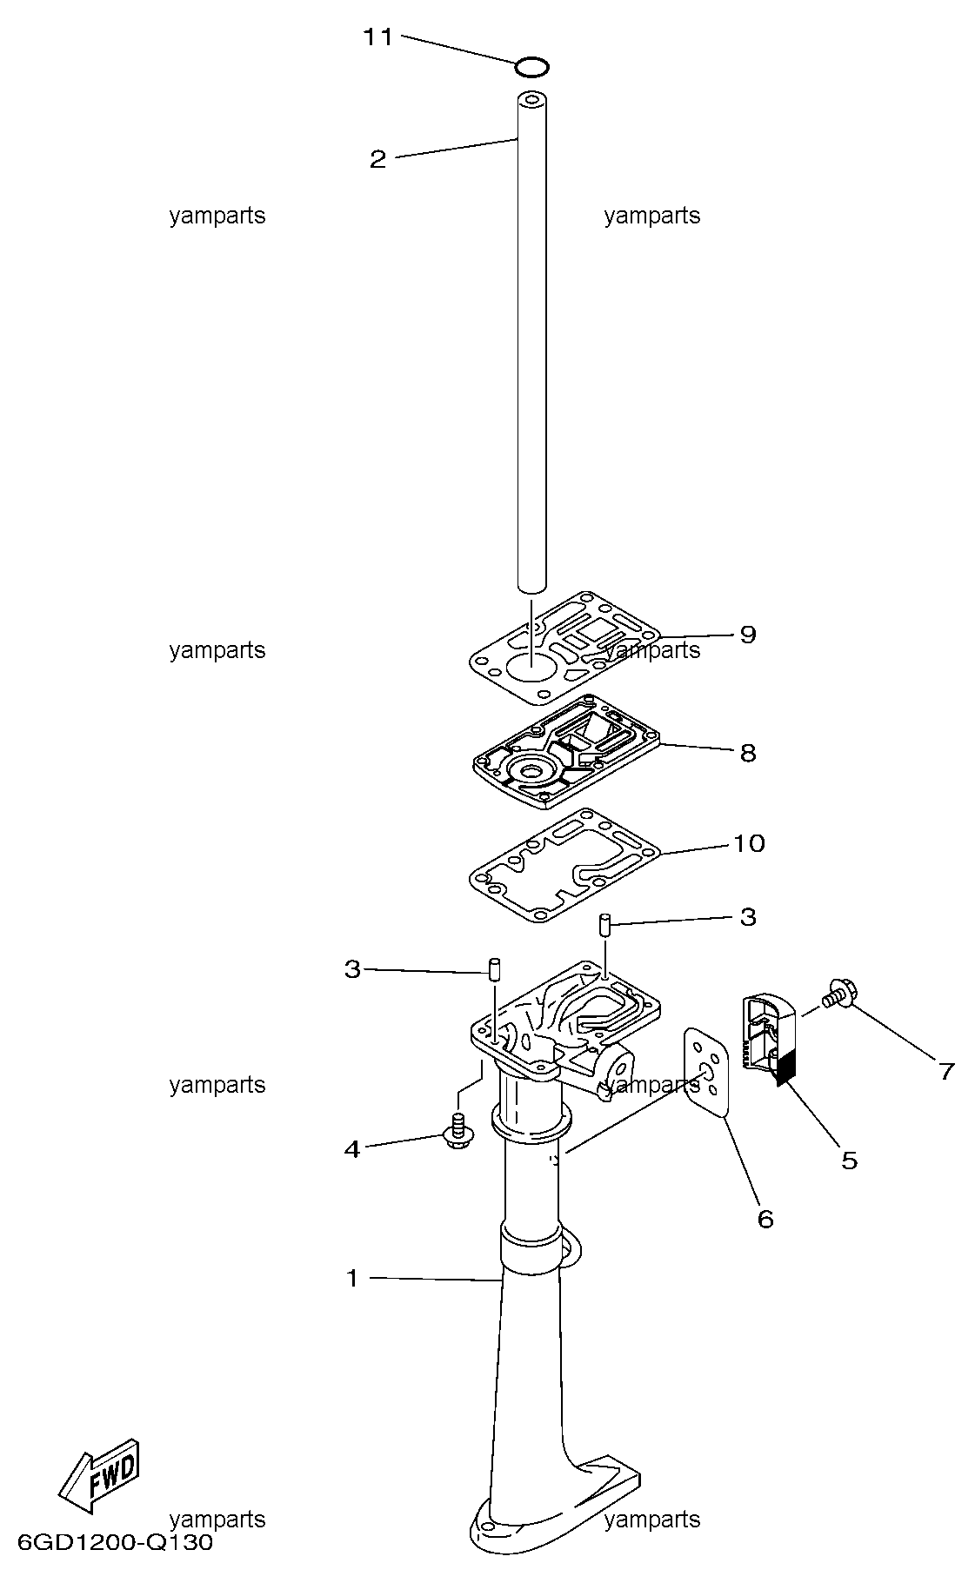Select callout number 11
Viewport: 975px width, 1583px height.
click(x=378, y=37)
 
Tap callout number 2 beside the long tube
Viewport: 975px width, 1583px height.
click(x=377, y=159)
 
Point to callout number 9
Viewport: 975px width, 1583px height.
click(x=748, y=635)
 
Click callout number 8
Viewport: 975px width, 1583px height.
click(x=748, y=753)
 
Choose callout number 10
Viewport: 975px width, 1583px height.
click(x=750, y=843)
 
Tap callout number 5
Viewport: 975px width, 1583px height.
click(x=849, y=1160)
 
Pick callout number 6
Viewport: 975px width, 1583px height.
click(x=765, y=1219)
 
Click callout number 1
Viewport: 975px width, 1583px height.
click(x=352, y=1279)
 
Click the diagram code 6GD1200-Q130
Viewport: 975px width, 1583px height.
click(x=115, y=1543)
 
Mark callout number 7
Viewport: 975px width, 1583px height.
click(x=946, y=1071)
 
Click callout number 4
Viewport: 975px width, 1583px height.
click(x=351, y=1149)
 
